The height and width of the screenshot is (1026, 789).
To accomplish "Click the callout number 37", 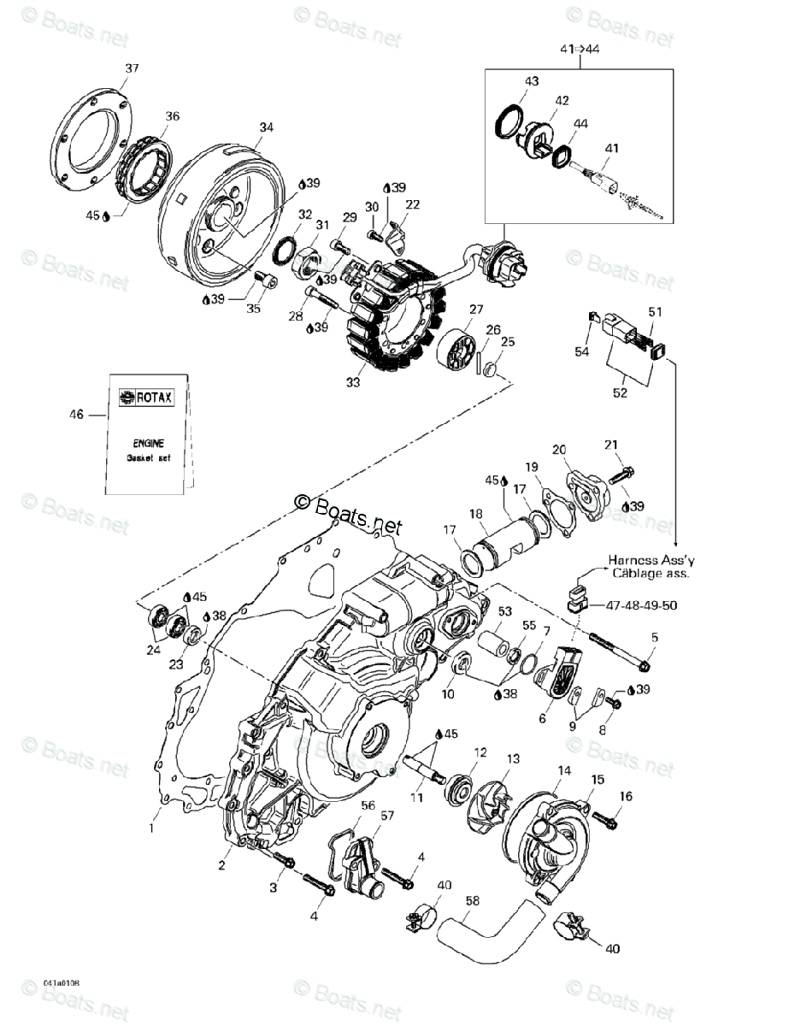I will coord(132,68).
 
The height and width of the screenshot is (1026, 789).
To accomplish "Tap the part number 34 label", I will coord(266,127).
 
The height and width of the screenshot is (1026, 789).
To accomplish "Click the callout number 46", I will coord(77,415).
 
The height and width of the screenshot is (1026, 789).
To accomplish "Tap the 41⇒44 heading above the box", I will coord(580,49).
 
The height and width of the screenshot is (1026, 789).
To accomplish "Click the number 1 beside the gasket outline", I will coord(154,828).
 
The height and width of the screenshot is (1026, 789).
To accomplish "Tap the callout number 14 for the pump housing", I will coord(563,770).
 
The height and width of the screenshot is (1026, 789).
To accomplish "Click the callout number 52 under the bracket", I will coord(619,392).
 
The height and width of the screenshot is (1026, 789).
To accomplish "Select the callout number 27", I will coord(475,310).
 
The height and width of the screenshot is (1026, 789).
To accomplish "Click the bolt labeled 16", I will coord(604,819).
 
